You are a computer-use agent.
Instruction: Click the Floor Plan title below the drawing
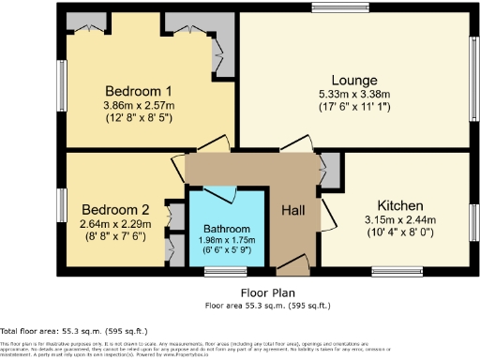point(267,293)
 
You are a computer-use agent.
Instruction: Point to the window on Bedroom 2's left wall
point(62,205)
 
